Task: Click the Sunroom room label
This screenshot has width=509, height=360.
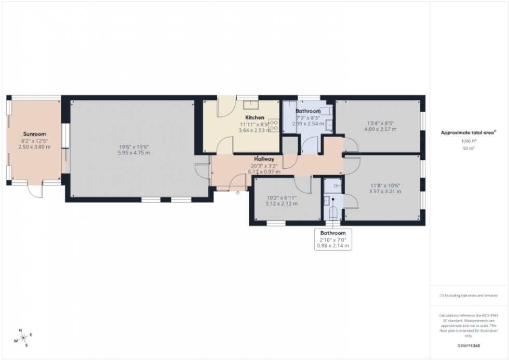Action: pyautogui.click(x=35, y=134)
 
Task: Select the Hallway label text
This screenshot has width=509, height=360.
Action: pyautogui.click(x=264, y=158)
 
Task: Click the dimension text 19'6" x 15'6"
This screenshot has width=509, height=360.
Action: pyautogui.click(x=133, y=146)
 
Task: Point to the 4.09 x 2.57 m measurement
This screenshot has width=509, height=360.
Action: pyautogui.click(x=380, y=129)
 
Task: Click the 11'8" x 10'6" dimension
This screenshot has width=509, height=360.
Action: pyautogui.click(x=385, y=185)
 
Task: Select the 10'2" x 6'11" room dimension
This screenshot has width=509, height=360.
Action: pyautogui.click(x=282, y=197)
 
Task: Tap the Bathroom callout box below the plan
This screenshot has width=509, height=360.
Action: pyautogui.click(x=333, y=239)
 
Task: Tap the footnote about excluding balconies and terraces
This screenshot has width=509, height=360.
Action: pyautogui.click(x=468, y=296)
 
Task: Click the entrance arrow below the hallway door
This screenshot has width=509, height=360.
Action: pyautogui.click(x=238, y=194)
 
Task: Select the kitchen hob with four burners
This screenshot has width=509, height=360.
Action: pyautogui.click(x=273, y=126)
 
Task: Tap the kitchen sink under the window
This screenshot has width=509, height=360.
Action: pyautogui.click(x=251, y=103)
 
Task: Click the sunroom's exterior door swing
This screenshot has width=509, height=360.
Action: pyautogui.click(x=35, y=191)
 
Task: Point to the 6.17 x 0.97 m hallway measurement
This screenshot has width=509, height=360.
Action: pyautogui.click(x=264, y=171)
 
